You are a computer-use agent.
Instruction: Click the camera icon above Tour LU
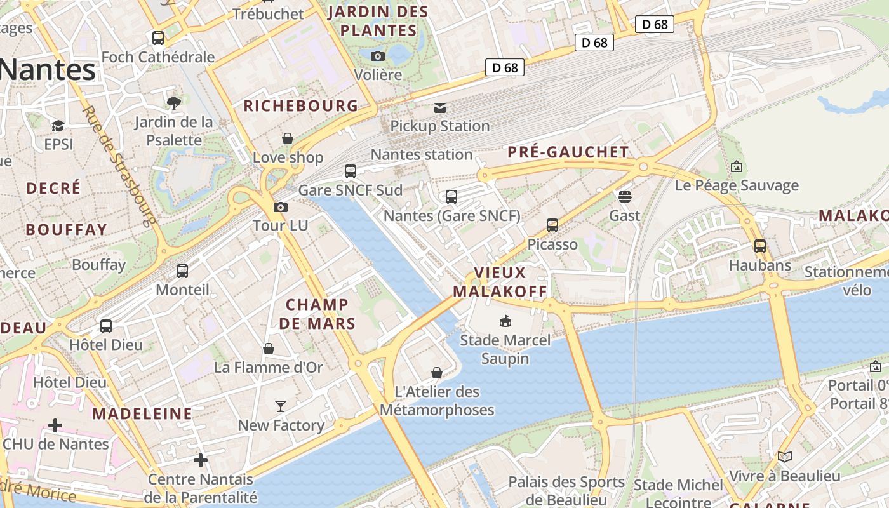coord(280,207)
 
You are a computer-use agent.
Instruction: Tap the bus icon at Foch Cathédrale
coord(158,38)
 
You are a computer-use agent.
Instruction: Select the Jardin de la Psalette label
coord(174,131)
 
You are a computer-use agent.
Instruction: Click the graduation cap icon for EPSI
coord(58,126)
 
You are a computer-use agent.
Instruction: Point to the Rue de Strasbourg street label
coord(119,166)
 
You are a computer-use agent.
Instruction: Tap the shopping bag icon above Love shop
coord(288,138)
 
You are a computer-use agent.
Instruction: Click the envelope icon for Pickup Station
coord(440,107)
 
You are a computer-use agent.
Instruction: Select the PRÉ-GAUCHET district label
coord(568,152)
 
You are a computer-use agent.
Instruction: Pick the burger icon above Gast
coord(625,197)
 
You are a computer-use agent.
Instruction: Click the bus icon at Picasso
coord(552,225)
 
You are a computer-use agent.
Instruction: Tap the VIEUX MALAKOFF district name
coord(500,282)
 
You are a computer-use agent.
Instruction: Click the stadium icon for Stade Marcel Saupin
coord(505,321)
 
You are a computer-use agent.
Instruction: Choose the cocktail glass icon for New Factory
coord(281,406)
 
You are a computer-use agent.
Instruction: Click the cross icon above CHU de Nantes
coord(55,425)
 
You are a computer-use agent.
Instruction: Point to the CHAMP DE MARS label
coord(317,314)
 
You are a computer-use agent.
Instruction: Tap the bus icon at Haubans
coord(760,246)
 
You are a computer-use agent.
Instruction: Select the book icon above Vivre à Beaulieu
coord(785,457)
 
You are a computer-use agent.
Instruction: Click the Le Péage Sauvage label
coord(737,185)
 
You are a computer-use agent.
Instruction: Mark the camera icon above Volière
coord(378,56)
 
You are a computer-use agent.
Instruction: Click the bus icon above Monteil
coord(182,271)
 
